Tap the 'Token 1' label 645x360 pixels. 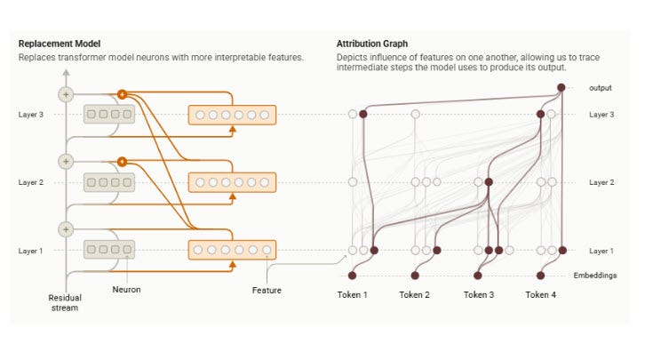(353, 294)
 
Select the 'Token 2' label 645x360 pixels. (415, 294)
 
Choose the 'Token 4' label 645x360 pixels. (540, 294)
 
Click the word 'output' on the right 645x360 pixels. (601, 87)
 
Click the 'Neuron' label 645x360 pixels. (126, 290)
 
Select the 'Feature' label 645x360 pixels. (266, 290)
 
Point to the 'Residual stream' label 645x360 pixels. (64, 302)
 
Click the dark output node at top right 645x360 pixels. (561, 87)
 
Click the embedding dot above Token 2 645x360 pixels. (415, 276)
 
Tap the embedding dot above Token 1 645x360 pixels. (353, 276)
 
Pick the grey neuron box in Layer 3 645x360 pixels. (108, 115)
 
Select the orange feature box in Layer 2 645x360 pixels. (232, 182)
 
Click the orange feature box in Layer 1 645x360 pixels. (232, 250)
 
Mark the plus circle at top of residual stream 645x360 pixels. (65, 93)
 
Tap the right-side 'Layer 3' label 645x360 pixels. (602, 115)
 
